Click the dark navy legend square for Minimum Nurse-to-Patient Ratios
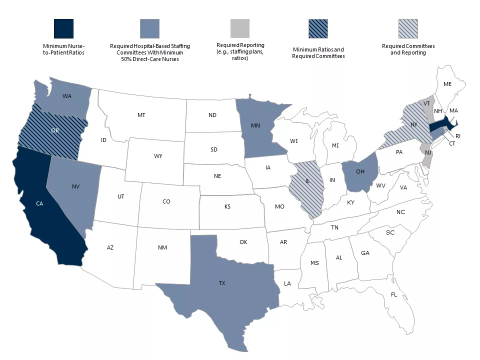pyautogui.click(x=63, y=29)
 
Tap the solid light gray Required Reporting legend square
pyautogui.click(x=240, y=29)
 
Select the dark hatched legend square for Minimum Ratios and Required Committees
pyautogui.click(x=318, y=29)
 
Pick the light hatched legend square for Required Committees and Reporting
pyautogui.click(x=408, y=29)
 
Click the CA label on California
pyautogui.click(x=39, y=203)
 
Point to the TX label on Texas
pyautogui.click(x=222, y=283)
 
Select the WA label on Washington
pyautogui.click(x=66, y=96)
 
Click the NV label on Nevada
pyautogui.click(x=76, y=186)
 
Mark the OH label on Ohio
pyautogui.click(x=360, y=172)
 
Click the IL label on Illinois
pyautogui.click(x=308, y=180)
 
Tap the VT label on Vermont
pyautogui.click(x=426, y=103)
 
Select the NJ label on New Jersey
pyautogui.click(x=428, y=153)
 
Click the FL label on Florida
pyautogui.click(x=394, y=294)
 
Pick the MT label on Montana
pyautogui.click(x=141, y=115)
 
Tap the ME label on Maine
pyautogui.click(x=447, y=84)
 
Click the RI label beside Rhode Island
pyautogui.click(x=458, y=136)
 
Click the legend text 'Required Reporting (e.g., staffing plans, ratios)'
pyautogui.click(x=240, y=51)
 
